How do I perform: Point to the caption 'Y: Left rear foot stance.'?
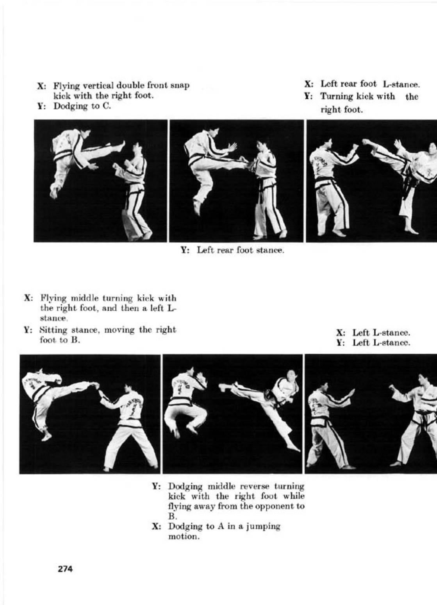[232, 250]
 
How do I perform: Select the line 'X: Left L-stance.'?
[373, 333]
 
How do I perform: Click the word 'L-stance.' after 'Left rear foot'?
[401, 84]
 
